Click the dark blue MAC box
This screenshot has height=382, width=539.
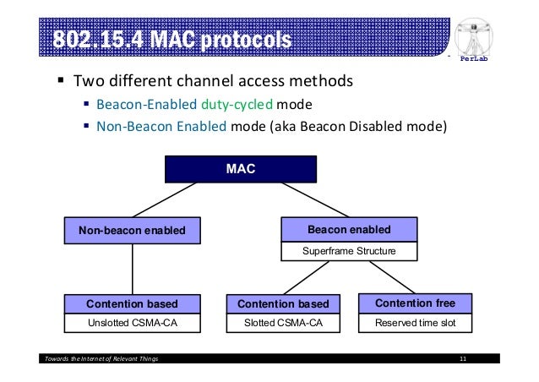point(241,169)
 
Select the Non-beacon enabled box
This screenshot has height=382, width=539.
point(132,230)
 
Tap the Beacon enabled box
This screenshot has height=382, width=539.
point(348,229)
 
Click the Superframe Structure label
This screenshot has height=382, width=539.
point(348,251)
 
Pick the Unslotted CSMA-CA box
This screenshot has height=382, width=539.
point(132,323)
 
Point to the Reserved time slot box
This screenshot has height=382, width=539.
point(415,323)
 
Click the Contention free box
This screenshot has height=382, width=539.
point(415,303)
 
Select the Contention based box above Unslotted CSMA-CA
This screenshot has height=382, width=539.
point(132,303)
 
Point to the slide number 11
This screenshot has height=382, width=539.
point(463,361)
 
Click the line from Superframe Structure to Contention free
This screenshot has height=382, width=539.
point(386,276)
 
